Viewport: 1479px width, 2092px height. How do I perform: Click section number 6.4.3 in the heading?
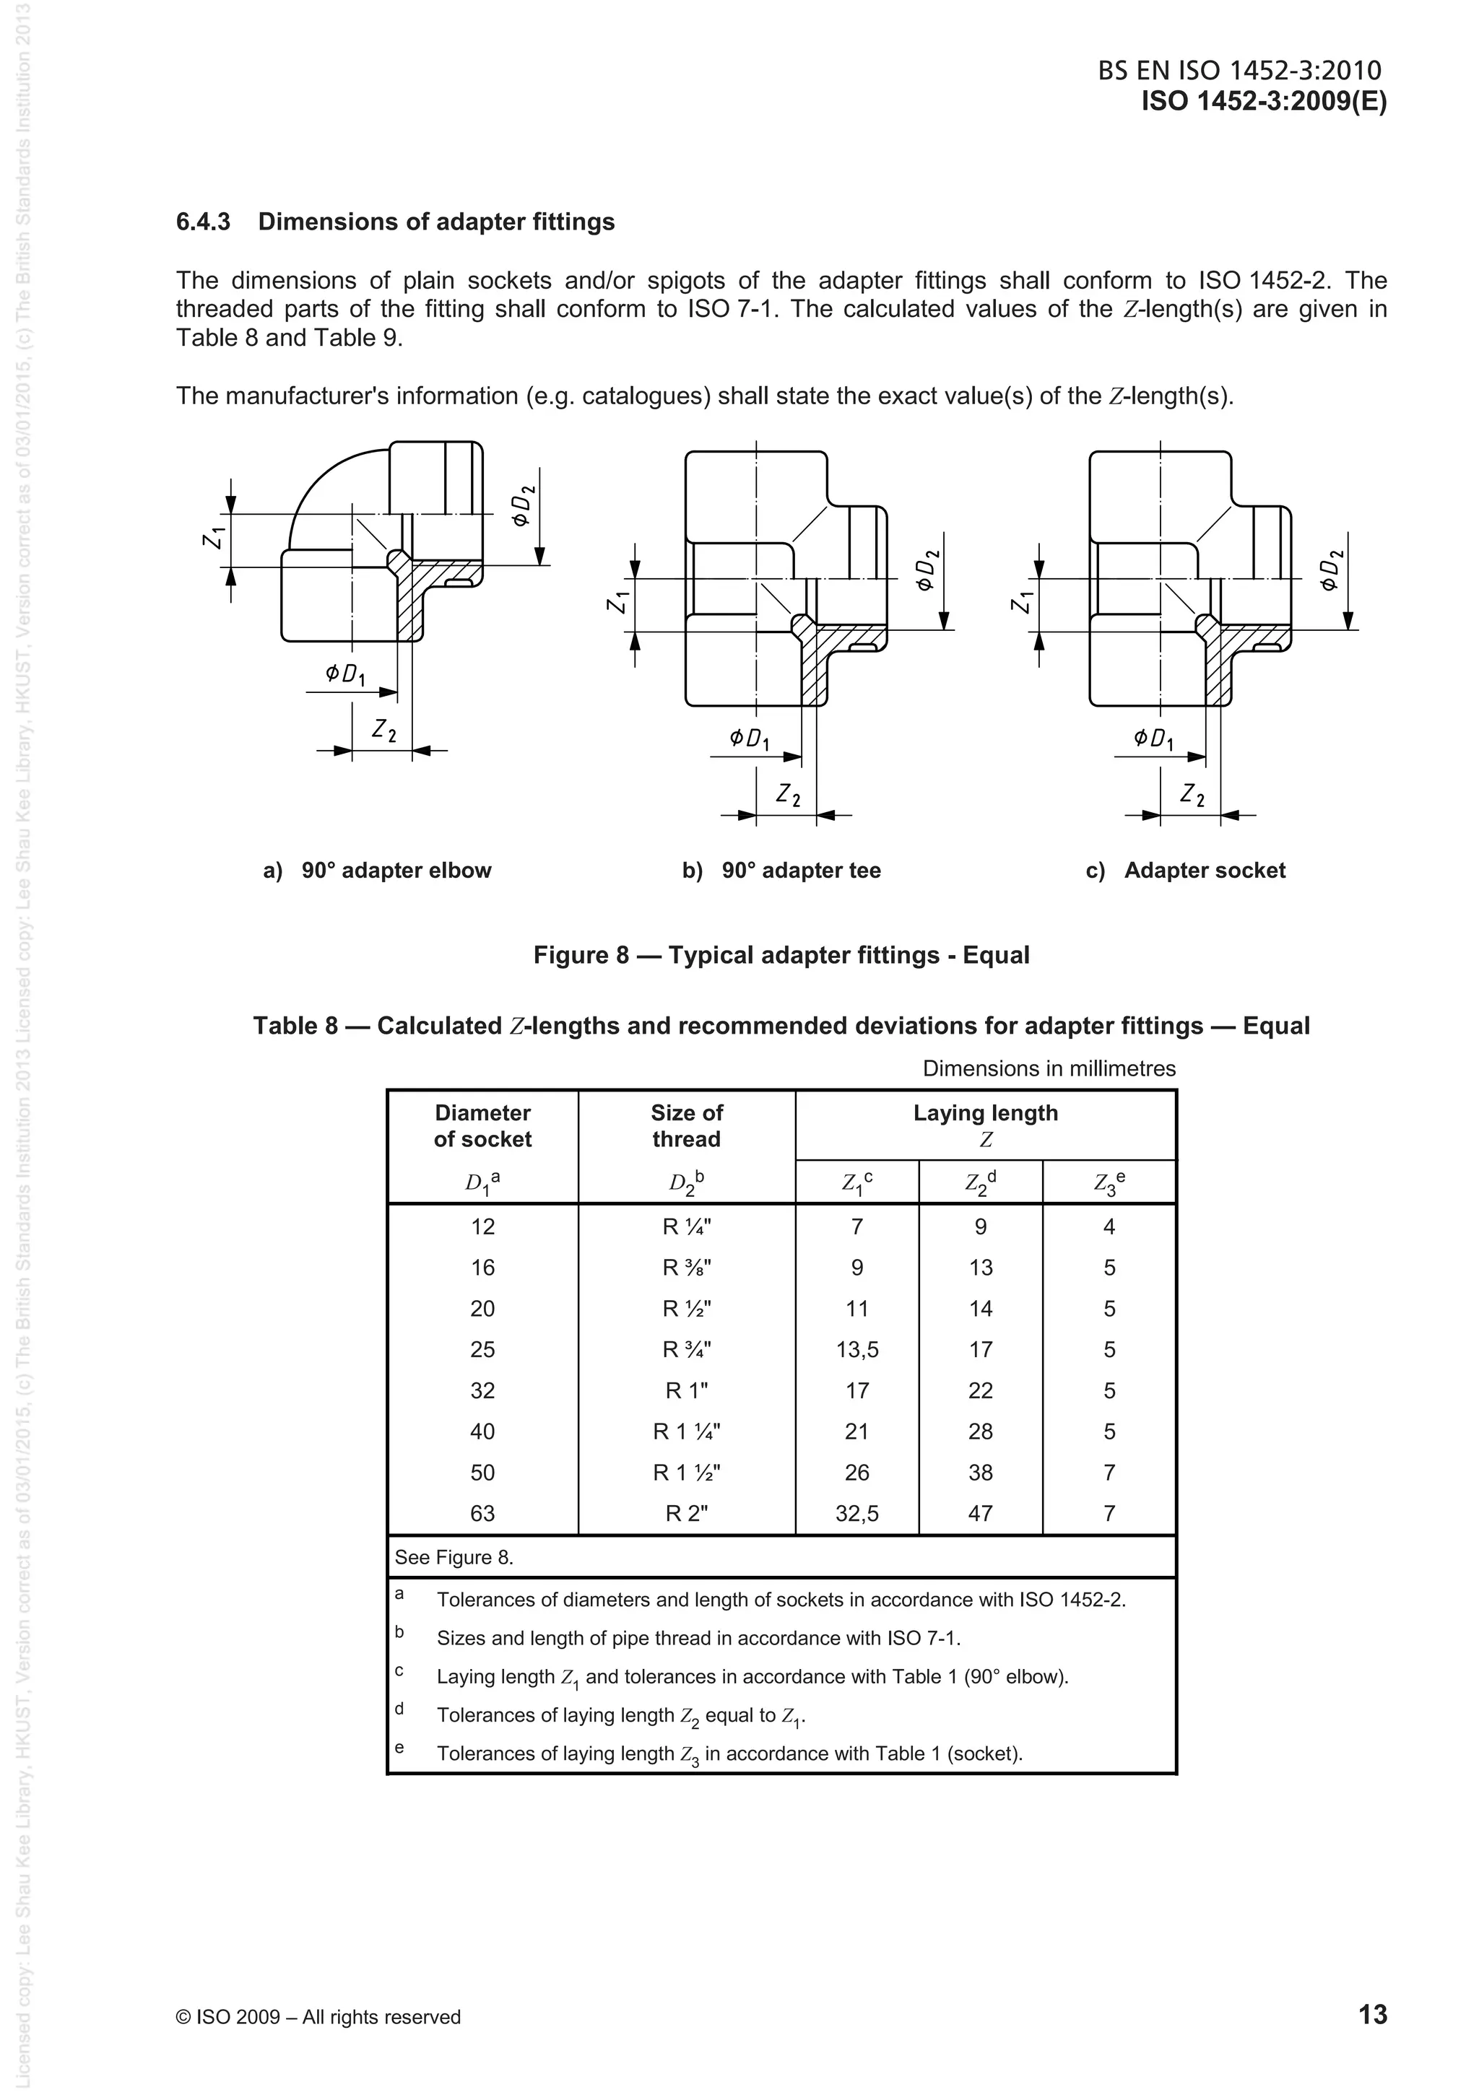click(x=202, y=222)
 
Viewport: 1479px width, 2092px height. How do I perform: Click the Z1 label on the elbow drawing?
click(x=212, y=539)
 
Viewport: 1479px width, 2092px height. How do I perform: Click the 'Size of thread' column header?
click(x=686, y=1125)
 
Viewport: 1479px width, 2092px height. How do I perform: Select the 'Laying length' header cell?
click(x=985, y=1113)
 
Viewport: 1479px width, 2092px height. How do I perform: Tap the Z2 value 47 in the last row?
click(x=981, y=1514)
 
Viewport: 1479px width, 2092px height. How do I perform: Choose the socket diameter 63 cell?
click(x=482, y=1514)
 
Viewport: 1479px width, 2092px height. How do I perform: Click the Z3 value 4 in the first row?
click(x=1109, y=1226)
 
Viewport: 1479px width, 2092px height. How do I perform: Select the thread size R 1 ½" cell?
click(x=686, y=1473)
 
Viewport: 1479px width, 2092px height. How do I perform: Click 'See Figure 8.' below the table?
click(x=454, y=1557)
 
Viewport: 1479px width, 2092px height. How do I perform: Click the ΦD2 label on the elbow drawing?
click(x=521, y=506)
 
